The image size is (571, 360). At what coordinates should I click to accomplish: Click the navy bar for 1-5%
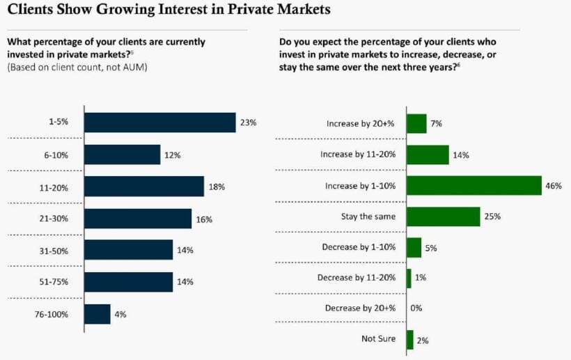tap(160, 123)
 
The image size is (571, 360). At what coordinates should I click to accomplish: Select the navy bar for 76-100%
tap(97, 314)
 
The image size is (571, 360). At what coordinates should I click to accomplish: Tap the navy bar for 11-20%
tap(144, 186)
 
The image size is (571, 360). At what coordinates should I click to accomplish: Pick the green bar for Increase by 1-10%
tap(474, 186)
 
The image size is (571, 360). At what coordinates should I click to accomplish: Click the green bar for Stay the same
tap(443, 217)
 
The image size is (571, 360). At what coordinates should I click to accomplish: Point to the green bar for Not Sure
tap(409, 339)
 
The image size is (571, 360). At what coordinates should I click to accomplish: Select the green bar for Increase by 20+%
tap(416, 124)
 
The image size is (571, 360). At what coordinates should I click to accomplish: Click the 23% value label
tap(249, 123)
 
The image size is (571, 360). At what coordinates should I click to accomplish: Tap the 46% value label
tap(554, 186)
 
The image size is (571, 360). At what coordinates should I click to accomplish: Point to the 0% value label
tap(416, 308)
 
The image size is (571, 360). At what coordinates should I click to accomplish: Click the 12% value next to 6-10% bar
tap(173, 155)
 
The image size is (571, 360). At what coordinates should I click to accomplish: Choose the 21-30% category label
tap(54, 219)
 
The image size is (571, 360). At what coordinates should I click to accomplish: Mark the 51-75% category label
tap(54, 282)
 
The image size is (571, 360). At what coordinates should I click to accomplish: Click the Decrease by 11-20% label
tap(357, 277)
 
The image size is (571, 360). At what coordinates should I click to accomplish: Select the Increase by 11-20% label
tap(358, 155)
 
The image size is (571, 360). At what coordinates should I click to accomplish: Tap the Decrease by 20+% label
tap(360, 308)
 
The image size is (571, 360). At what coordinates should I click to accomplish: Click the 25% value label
tap(492, 217)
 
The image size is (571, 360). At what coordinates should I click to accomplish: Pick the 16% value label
tap(204, 219)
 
